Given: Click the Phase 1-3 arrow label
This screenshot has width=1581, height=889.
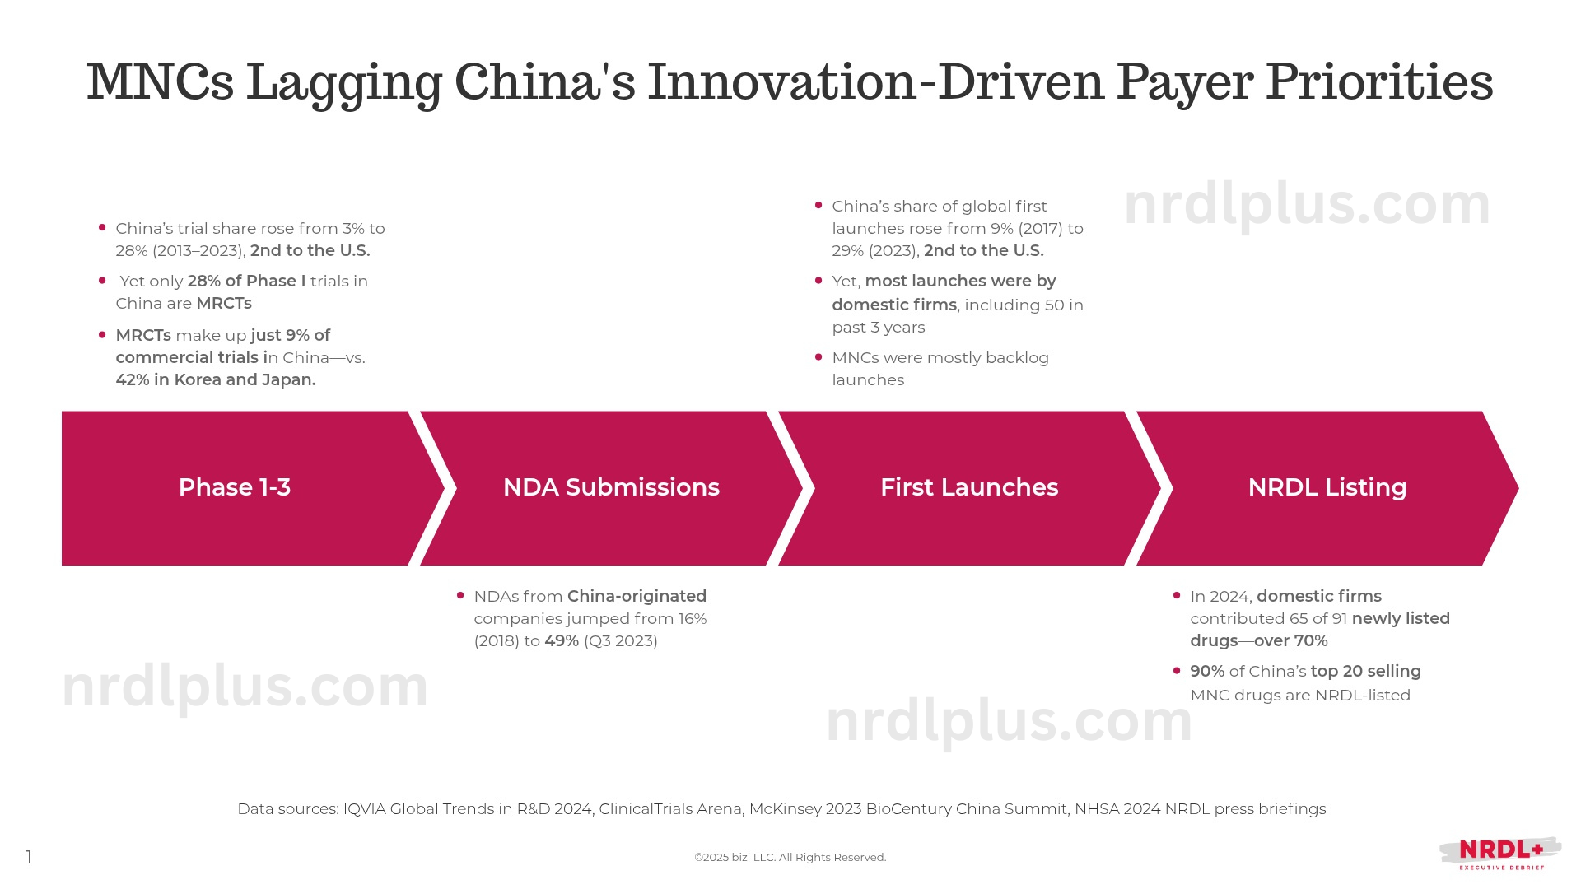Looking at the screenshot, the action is coord(235,487).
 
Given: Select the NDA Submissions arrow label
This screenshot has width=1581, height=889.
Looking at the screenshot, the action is coord(611,487).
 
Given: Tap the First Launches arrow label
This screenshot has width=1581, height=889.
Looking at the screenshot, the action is coord(969,487).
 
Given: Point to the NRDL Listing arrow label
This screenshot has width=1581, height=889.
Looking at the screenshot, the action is coord(1327,487).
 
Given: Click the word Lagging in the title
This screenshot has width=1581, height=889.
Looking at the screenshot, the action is coord(344,83).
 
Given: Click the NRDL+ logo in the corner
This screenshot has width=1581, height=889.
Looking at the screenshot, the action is coord(1501,854).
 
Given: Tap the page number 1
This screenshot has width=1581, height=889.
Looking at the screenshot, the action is coord(29,858).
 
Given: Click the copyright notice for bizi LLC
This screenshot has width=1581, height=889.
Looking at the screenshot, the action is coord(790,857).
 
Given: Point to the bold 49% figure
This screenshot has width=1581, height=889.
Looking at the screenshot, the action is coord(562,640).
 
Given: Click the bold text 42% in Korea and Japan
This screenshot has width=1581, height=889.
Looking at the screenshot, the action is coord(216,379).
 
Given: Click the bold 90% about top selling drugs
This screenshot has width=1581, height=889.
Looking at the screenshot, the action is coord(1207,671).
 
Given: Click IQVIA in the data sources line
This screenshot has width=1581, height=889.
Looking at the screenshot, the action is coord(364,809).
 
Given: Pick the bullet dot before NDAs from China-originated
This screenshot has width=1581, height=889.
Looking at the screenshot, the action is coord(460,595).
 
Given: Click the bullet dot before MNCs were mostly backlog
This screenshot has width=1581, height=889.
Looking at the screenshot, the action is coord(818,356).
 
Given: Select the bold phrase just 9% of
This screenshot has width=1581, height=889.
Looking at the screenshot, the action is coord(291,335).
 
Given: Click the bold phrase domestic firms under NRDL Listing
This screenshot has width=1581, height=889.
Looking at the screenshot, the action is coord(1319,596).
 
